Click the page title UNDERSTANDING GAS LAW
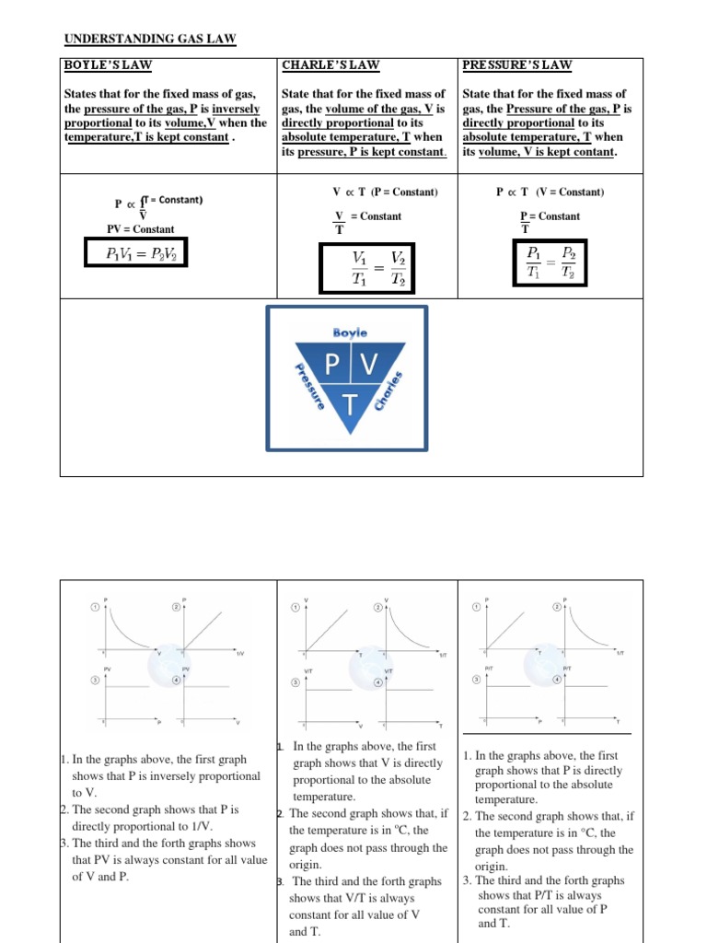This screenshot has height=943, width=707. click(150, 39)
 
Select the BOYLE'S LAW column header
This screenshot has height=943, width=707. click(108, 64)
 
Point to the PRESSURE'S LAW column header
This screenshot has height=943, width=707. click(516, 64)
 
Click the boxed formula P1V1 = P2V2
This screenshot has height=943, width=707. click(134, 252)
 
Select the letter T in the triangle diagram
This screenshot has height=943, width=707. click(349, 404)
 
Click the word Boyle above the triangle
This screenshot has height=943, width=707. click(349, 332)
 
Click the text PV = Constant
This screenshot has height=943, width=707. click(141, 228)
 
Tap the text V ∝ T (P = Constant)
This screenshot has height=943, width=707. click(385, 192)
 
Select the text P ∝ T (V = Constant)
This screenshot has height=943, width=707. click(550, 192)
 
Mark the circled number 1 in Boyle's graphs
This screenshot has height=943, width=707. click(94, 608)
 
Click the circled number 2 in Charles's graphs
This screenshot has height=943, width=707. click(377, 608)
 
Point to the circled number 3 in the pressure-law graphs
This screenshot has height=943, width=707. click(476, 679)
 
